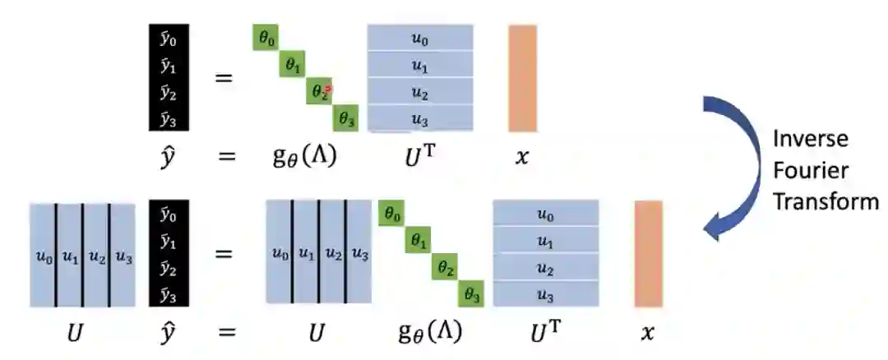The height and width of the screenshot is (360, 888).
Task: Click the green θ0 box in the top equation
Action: click(x=265, y=38)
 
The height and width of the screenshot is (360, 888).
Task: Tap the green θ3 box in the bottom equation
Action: click(x=471, y=293)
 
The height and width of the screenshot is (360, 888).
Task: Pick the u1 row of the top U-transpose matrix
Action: click(x=420, y=65)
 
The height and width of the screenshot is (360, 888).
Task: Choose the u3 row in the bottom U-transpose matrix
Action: click(x=545, y=294)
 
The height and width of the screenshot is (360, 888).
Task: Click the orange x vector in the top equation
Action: click(x=522, y=78)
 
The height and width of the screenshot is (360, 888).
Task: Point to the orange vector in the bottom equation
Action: click(x=648, y=254)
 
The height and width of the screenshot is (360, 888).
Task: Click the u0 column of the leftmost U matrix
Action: click(x=43, y=255)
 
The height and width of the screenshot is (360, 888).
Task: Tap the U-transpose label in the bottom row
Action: click(x=545, y=332)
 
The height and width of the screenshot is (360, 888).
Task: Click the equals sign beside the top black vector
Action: click(x=223, y=79)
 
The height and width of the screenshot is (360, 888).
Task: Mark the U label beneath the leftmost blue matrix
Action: click(x=82, y=332)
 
